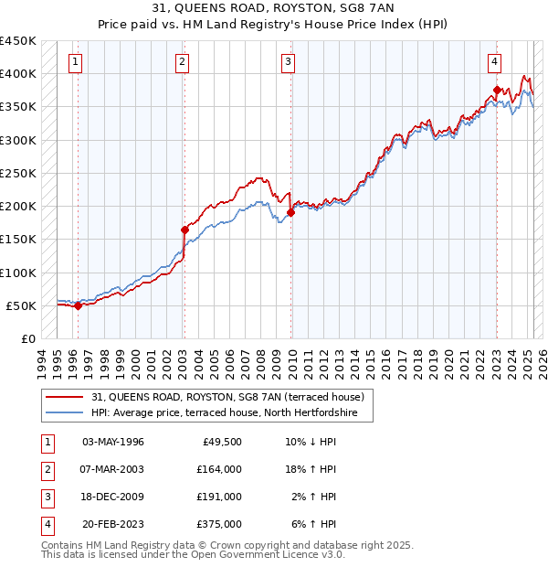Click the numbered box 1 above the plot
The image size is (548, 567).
click(74, 62)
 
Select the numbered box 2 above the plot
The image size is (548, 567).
click(183, 62)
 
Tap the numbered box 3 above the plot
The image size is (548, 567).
click(288, 62)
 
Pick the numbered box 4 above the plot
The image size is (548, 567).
click(493, 62)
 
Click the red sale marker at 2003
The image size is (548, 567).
click(184, 230)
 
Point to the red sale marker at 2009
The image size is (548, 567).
click(290, 212)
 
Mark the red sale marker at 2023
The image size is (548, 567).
click(497, 90)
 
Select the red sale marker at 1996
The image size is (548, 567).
click(78, 306)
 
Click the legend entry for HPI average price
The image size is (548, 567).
click(230, 413)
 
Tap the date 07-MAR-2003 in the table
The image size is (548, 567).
click(113, 469)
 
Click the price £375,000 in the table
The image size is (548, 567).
click(219, 524)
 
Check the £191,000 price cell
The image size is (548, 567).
click(219, 497)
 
